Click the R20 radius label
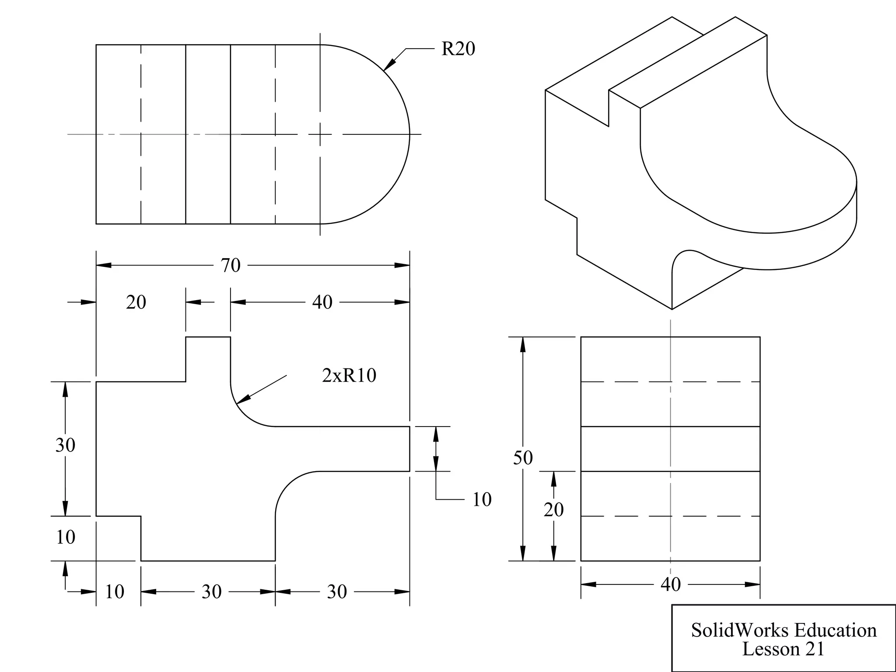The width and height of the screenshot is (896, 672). (458, 49)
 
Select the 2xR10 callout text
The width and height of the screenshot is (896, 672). (349, 375)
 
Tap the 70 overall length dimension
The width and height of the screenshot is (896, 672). (231, 266)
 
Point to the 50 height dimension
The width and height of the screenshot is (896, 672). (523, 458)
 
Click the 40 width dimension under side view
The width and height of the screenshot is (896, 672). (670, 584)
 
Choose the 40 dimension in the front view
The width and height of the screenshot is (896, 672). (322, 302)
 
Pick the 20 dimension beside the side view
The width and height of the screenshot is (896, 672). (553, 510)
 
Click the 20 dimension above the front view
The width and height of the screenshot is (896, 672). (136, 302)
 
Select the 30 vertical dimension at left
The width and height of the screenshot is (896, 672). (65, 445)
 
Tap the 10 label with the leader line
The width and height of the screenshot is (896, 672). (482, 500)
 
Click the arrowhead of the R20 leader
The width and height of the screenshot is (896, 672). (388, 65)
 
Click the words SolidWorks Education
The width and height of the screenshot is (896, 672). (784, 630)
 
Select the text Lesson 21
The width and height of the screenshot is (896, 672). (783, 649)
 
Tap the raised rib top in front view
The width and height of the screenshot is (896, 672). (208, 337)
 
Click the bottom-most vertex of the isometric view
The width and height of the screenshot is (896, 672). (672, 309)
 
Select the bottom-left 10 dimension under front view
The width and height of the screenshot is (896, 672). (115, 592)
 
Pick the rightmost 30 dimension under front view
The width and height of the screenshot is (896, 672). (336, 592)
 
